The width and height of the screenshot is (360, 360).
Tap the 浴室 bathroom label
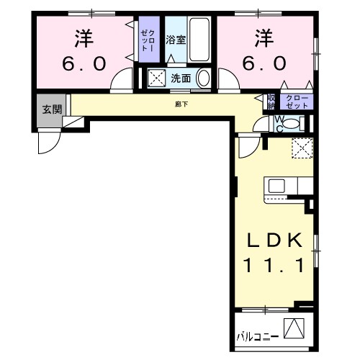point(176,40)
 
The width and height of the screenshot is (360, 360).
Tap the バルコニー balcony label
point(257,336)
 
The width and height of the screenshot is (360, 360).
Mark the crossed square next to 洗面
point(156,78)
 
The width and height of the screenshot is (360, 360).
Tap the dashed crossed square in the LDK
point(300,149)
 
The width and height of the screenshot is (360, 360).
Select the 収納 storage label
point(271,101)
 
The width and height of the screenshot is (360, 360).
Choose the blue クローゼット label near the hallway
point(297,101)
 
